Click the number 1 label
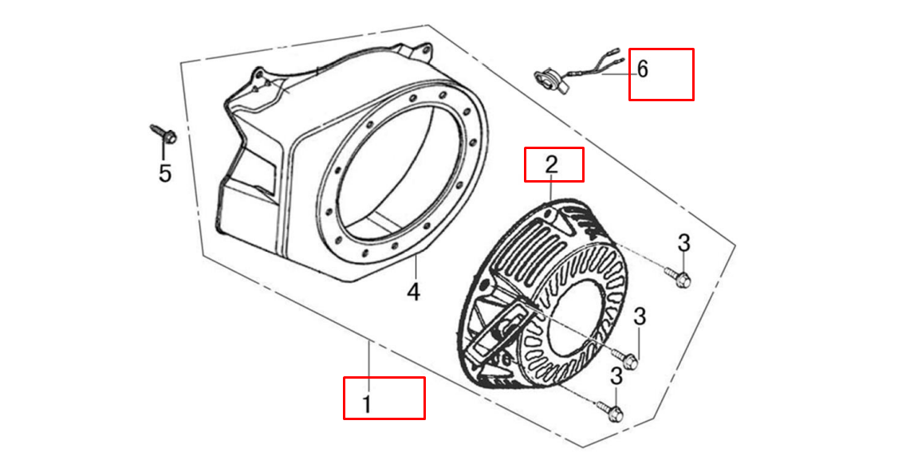point(367,404)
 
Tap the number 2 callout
point(551,165)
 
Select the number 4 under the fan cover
point(413,291)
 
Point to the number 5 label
point(165,173)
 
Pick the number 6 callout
point(643,69)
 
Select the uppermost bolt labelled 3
point(679,277)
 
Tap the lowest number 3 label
point(616,376)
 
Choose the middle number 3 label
point(640,316)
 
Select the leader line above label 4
point(416,269)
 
